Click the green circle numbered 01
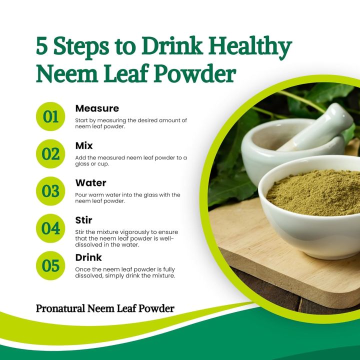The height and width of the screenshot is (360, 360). (50, 116)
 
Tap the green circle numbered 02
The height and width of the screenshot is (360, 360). (50, 153)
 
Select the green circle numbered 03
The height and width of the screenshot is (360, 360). (50, 191)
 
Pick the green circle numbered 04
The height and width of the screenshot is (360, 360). (50, 228)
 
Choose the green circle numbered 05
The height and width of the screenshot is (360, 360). (50, 265)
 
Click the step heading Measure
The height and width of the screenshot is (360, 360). (97, 108)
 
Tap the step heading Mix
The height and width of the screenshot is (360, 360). (84, 145)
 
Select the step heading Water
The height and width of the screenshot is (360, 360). (90, 183)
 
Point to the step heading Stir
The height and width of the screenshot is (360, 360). (83, 220)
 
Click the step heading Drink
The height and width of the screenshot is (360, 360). (88, 257)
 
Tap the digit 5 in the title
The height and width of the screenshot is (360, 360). (43, 47)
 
